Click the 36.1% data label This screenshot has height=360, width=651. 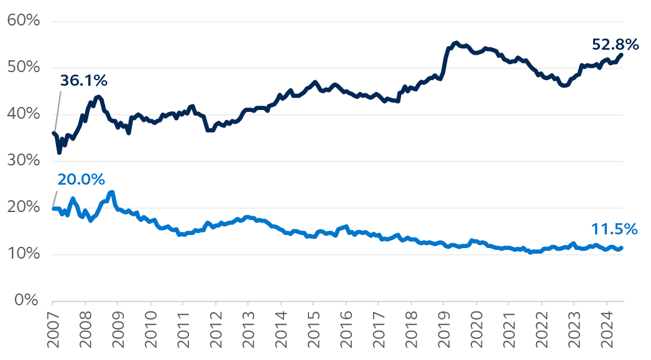[x=84, y=81]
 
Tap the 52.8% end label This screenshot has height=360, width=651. [x=616, y=44]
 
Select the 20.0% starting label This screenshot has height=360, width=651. [x=81, y=180]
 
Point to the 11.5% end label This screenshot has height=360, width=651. [x=615, y=229]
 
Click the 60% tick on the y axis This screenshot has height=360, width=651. [x=24, y=21]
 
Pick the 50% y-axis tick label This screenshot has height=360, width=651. [x=24, y=68]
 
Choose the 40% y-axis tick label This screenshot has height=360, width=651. [x=24, y=114]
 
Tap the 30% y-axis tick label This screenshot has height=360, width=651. [x=24, y=161]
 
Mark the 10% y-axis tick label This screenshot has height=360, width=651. [x=24, y=254]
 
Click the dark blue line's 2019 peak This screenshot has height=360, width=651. [x=456, y=43]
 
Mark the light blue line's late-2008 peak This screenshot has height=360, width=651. [x=112, y=192]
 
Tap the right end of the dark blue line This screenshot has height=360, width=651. [x=622, y=54]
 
